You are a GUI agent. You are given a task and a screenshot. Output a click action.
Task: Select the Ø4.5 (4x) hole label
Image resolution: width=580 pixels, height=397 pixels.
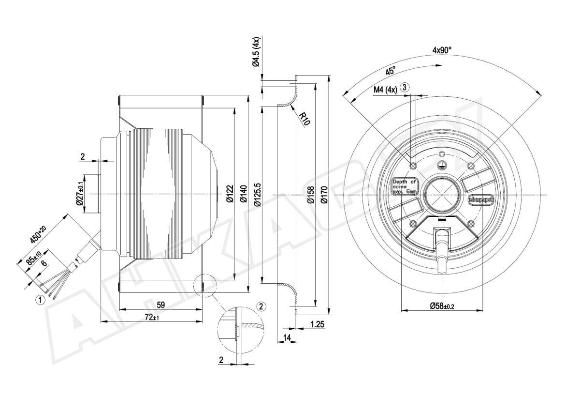click(256, 51)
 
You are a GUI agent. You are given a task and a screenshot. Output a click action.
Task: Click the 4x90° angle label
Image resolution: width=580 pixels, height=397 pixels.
click(442, 50)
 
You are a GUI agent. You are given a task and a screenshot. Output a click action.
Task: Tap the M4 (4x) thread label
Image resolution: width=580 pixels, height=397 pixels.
click(385, 90)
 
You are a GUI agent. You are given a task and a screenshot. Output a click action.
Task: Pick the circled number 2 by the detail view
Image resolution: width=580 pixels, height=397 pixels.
click(261, 306)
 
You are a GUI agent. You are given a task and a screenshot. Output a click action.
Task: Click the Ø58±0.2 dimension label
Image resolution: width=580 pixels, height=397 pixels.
click(442, 305)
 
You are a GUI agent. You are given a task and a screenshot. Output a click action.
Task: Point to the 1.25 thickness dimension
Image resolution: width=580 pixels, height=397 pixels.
click(317, 324)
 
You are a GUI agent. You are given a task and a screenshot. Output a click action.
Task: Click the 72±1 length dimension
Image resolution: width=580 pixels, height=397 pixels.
click(152, 317)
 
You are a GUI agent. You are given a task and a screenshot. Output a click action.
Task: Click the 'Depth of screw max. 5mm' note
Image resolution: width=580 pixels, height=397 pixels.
click(404, 186)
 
